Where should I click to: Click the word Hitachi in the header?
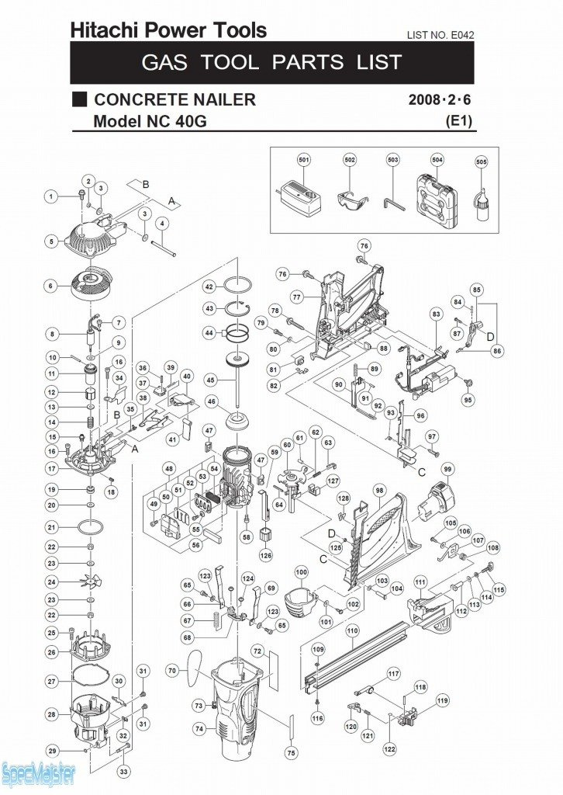[102, 31]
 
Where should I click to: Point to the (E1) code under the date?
[459, 121]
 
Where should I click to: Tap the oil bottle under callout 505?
[482, 203]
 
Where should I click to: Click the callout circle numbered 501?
[304, 161]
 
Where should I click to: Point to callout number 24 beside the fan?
[53, 581]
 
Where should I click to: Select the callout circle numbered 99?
[447, 469]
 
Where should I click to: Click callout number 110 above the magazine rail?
[351, 631]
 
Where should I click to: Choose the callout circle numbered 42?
[209, 287]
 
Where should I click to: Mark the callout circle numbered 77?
[296, 297]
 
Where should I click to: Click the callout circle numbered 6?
[52, 286]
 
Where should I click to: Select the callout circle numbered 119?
[443, 701]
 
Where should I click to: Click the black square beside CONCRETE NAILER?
[79, 99]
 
